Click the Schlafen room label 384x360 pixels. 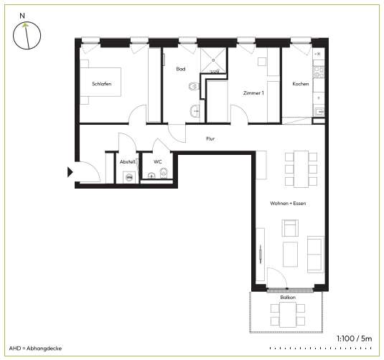point(102,84)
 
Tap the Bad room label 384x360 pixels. point(181,69)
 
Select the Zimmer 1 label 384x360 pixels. point(253,93)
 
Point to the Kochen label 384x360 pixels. point(301,84)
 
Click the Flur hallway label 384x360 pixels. point(210,138)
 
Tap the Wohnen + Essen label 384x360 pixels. point(288,204)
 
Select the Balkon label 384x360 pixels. point(288,298)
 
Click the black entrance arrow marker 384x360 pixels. point(70,172)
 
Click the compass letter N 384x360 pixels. point(22,16)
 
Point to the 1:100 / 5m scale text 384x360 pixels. point(355,338)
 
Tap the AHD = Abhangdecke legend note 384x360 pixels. point(35,349)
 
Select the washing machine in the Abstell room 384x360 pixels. point(129,177)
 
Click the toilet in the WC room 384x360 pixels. point(164,173)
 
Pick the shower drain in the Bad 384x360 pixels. point(213,60)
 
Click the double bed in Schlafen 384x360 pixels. point(100,82)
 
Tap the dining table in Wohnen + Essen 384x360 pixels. point(301,169)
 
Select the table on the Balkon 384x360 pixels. point(288,315)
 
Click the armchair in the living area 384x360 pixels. point(290,228)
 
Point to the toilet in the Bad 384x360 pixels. point(195,86)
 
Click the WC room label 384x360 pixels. point(158,162)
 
